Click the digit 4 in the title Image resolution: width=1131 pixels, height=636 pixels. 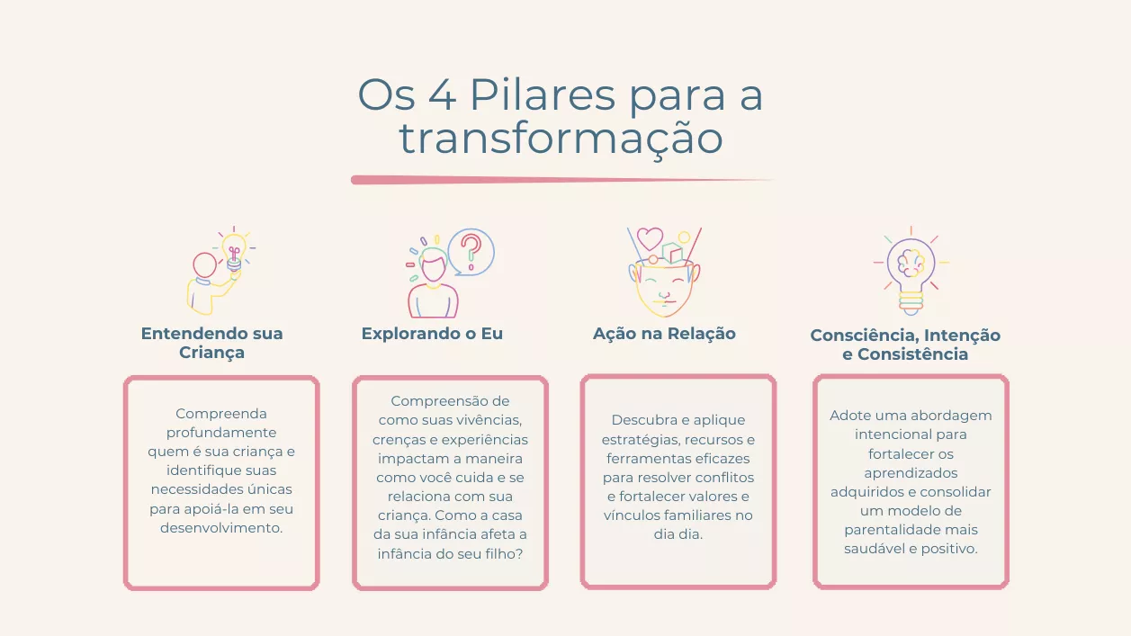click(x=443, y=94)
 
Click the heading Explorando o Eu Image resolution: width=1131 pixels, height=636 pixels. click(x=432, y=334)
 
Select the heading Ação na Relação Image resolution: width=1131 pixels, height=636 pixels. click(x=664, y=334)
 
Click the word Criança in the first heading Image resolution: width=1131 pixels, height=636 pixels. click(x=211, y=353)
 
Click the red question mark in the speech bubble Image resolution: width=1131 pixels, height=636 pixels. click(x=471, y=251)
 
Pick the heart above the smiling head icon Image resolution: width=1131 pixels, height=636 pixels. click(x=650, y=238)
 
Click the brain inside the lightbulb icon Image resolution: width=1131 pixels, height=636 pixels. click(x=911, y=263)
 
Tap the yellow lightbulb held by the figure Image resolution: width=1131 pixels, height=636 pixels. click(x=234, y=253)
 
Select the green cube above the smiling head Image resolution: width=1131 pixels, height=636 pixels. click(x=672, y=254)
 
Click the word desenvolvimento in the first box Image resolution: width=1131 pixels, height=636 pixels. click(x=221, y=528)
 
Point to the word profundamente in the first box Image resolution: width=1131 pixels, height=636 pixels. click(x=221, y=433)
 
